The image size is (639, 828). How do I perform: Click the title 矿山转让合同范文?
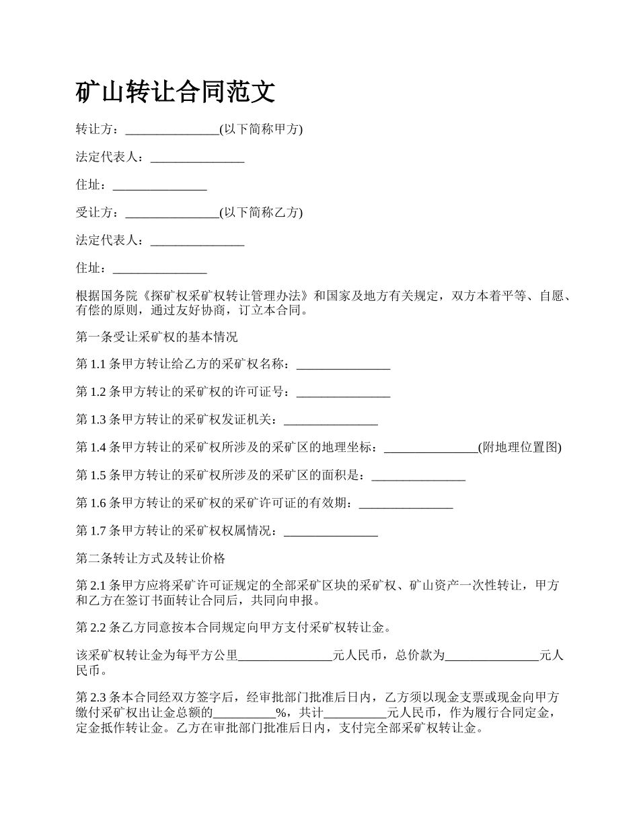[x=176, y=92]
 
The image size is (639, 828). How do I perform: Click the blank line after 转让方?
[x=172, y=130]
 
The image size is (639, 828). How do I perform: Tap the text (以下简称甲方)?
[x=261, y=129]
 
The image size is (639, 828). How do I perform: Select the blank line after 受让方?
[x=172, y=213]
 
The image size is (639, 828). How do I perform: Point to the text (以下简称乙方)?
[x=261, y=213]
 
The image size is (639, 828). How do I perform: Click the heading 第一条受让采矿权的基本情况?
[x=157, y=337]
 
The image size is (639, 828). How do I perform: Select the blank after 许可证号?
[x=343, y=392]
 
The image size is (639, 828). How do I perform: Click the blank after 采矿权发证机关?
[x=331, y=420]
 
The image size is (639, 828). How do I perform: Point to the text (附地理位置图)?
[x=520, y=448]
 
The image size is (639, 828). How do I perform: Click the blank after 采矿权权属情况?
[x=331, y=531]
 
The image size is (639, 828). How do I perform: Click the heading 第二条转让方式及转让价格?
[x=151, y=559]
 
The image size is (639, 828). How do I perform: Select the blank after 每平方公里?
[x=286, y=655]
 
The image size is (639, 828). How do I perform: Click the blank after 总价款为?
[x=492, y=655]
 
